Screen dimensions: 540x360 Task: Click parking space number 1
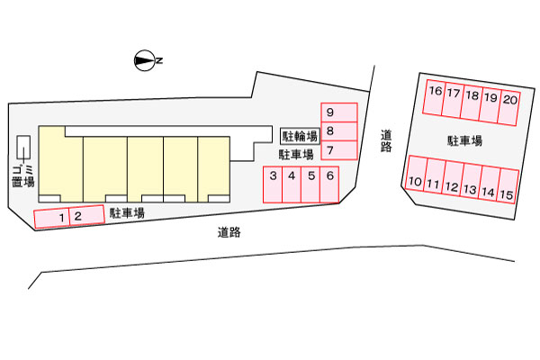point(51,219)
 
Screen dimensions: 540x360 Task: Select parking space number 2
point(86,215)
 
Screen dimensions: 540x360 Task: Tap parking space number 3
point(273,184)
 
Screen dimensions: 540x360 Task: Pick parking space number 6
point(329,184)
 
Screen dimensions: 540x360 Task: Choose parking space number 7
point(339,150)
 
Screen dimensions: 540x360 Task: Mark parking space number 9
point(339,112)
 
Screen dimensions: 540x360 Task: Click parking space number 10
point(416,173)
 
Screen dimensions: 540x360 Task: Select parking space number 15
point(508,186)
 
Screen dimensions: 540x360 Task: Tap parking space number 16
point(435,97)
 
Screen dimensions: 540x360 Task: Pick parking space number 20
point(509,107)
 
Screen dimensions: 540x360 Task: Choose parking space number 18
point(472,103)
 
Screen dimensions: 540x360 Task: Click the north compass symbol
point(145,61)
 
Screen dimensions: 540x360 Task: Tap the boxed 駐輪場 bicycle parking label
point(300,136)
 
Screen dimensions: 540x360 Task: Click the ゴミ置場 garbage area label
point(23,176)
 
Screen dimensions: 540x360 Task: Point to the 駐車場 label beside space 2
point(127,213)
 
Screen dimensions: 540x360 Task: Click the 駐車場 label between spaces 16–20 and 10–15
point(464,141)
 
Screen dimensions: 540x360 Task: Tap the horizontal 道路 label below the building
point(229,232)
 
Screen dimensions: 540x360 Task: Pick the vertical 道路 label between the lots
point(386,141)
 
